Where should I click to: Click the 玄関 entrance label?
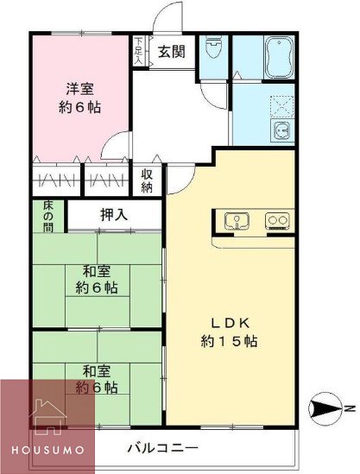click(x=171, y=52)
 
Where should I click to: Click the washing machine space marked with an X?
click(x=280, y=105)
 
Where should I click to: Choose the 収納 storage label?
click(x=148, y=181)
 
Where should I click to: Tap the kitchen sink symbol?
click(x=236, y=221)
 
